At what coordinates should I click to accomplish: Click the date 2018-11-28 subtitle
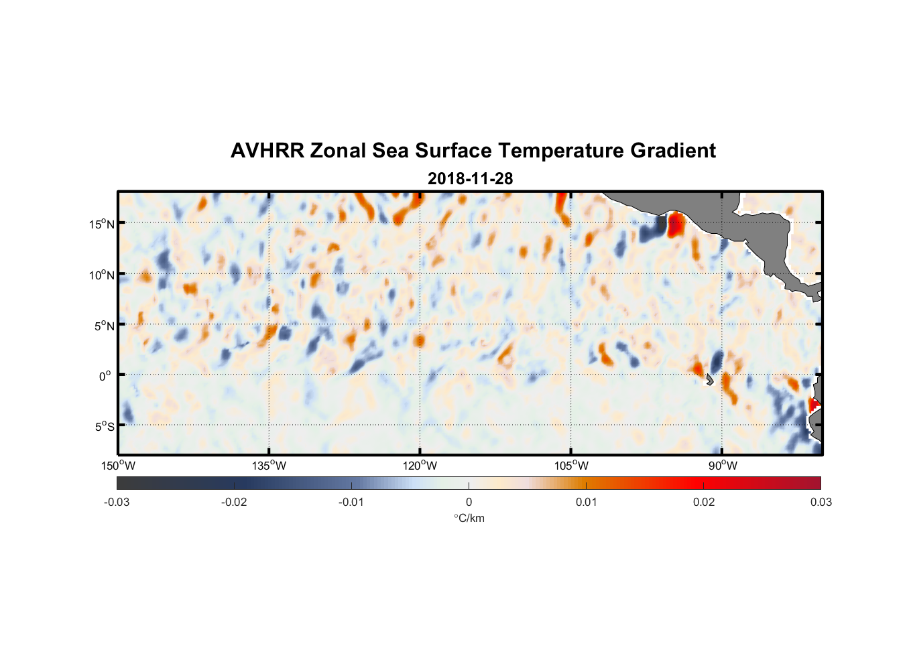[470, 178]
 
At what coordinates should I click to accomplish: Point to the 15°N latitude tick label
[102, 224]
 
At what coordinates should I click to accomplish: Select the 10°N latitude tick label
[102, 275]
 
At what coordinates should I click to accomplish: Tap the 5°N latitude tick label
[104, 326]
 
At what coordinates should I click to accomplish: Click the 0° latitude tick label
[105, 377]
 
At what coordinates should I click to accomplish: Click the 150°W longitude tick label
[118, 466]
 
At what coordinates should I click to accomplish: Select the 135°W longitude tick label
[269, 466]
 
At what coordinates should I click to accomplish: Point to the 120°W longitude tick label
[420, 466]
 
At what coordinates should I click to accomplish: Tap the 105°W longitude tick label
[571, 466]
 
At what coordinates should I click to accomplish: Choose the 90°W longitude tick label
[723, 466]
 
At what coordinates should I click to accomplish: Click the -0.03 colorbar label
[117, 502]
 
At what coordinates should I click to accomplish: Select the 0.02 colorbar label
[704, 502]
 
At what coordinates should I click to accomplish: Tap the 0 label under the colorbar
[469, 502]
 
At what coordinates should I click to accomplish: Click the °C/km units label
[469, 518]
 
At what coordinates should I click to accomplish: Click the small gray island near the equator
[710, 379]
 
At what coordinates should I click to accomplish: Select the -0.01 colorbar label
[351, 502]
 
